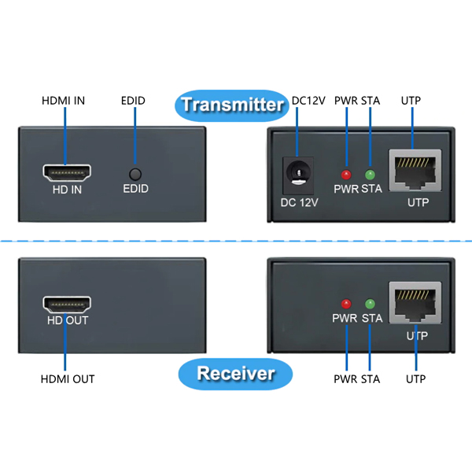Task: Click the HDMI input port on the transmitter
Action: pos(67,172)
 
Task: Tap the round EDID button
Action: pos(135,175)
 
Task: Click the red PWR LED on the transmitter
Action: pos(345,174)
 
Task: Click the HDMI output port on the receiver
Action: pos(67,304)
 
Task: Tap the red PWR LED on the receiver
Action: pos(345,304)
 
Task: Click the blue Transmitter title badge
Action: pos(232,104)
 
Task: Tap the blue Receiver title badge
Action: pos(236,373)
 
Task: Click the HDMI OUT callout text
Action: pos(68,379)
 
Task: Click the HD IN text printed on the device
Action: pos(67,190)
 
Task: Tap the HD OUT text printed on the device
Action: pos(67,320)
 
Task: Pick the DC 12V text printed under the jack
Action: pos(300,202)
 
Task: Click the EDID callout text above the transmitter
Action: pos(133,101)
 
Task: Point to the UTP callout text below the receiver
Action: pos(415,379)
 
